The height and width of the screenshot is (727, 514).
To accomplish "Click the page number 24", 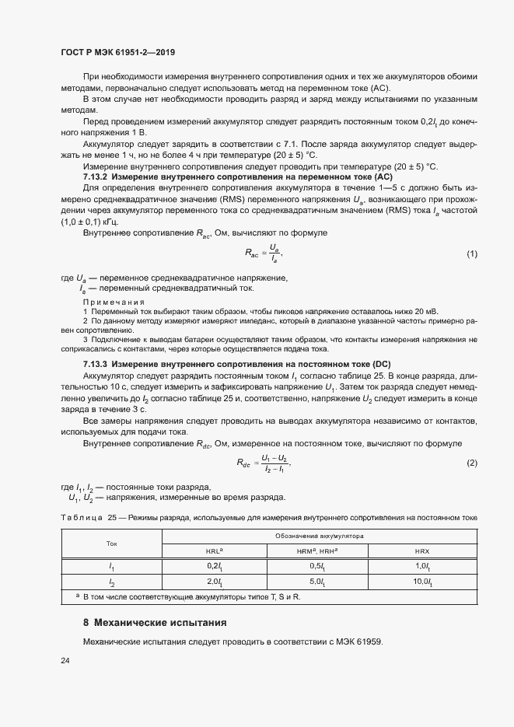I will tap(65, 661).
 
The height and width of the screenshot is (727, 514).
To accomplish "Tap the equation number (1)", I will tap(471, 255).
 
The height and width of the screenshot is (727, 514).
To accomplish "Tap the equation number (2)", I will tap(471, 463).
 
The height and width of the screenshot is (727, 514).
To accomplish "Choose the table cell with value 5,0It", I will tap(317, 582).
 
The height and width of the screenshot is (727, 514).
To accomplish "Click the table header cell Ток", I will tap(111, 544).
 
